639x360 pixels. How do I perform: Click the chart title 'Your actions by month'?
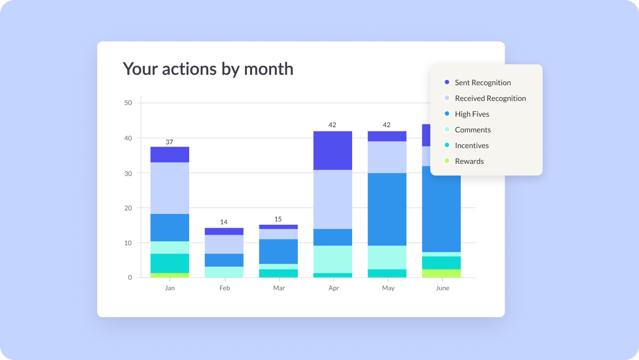208,69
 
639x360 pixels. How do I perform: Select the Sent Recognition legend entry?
482,82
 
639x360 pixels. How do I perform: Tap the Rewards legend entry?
469,161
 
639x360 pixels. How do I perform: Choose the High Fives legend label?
472,114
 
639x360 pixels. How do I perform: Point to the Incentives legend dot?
447,145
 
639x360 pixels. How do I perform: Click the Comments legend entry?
472,130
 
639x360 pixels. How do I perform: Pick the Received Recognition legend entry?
490,98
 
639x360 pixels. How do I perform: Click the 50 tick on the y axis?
128,103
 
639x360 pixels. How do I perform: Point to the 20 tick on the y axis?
128,208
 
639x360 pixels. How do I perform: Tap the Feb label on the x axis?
224,288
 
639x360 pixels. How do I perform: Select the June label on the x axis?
442,288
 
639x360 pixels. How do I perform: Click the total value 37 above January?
170,142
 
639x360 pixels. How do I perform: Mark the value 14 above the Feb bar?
224,222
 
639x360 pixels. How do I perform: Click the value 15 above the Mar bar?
278,219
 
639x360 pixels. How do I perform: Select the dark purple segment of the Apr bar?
333,150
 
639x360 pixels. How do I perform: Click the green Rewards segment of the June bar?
441,273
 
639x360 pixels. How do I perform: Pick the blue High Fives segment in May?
387,209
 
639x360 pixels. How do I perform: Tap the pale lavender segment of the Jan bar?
170,188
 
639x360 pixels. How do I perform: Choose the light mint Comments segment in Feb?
224,272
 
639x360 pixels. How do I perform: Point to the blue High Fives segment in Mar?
278,251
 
